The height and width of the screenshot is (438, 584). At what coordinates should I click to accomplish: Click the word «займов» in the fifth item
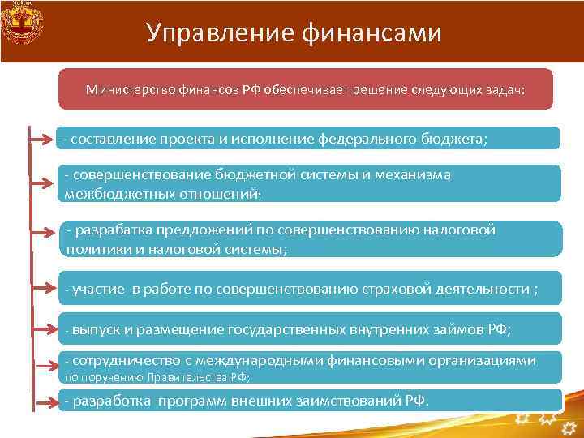pos(454,329)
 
